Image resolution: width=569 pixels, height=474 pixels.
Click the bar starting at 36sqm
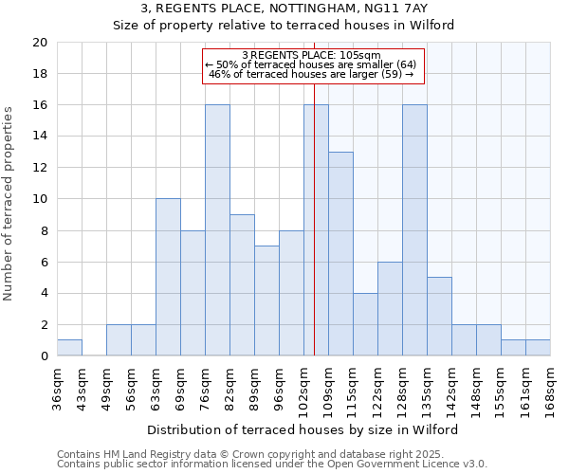click(x=69, y=348)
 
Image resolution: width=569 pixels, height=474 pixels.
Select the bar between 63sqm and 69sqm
click(x=168, y=278)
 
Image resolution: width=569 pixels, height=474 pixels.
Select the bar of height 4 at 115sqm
click(x=365, y=324)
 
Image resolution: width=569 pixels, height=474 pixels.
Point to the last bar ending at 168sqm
click(x=538, y=348)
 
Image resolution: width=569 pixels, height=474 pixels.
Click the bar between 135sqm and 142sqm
click(x=439, y=317)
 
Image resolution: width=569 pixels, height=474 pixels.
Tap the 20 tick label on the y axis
click(x=39, y=43)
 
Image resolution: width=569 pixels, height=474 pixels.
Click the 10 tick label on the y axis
click(x=39, y=199)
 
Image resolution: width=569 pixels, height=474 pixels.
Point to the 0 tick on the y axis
click(x=43, y=356)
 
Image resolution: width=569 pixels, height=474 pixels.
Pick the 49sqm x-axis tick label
click(x=107, y=384)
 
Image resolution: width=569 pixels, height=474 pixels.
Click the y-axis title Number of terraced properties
click(x=9, y=203)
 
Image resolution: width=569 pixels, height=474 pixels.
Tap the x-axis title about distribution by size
click(x=303, y=429)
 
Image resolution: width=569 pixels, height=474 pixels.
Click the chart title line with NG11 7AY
click(x=284, y=9)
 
